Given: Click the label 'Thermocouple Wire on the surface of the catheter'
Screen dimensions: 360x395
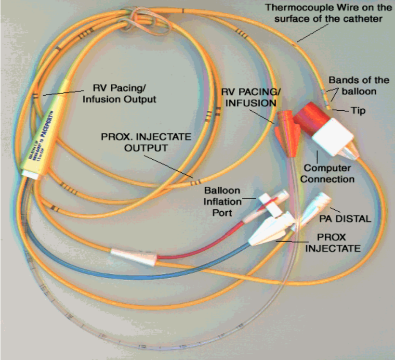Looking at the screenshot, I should [330, 13].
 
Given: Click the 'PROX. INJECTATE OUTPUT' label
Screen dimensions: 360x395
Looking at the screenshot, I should [134, 142].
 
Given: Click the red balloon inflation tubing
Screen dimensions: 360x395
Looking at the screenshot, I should [202, 245].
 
